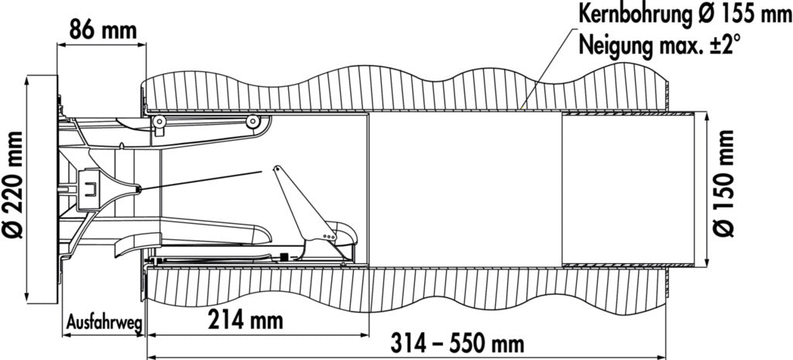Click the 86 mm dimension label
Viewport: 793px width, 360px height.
pyautogui.click(x=103, y=31)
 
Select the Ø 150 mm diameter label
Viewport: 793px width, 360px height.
pyautogui.click(x=723, y=183)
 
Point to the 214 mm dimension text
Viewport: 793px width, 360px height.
pyautogui.click(x=245, y=320)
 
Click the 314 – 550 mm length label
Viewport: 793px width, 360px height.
pyautogui.click(x=457, y=345)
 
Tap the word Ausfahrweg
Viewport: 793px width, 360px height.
pyautogui.click(x=104, y=323)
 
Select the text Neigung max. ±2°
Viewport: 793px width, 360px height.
pyautogui.click(x=660, y=45)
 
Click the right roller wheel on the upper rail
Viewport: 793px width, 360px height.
pyautogui.click(x=252, y=122)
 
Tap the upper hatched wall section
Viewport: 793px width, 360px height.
pyautogui.click(x=404, y=88)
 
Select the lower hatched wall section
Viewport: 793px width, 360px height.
pyautogui.click(x=404, y=288)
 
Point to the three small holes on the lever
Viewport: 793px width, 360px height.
pyautogui.click(x=329, y=236)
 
